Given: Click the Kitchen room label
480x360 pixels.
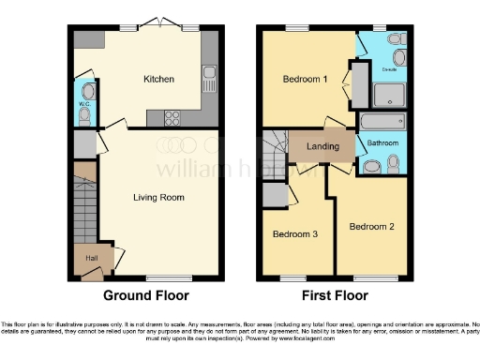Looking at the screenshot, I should tap(157, 80).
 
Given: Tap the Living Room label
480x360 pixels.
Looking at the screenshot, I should tap(157, 198).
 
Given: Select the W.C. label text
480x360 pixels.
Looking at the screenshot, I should tap(82, 103).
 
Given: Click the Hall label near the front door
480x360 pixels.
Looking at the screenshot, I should tap(92, 257).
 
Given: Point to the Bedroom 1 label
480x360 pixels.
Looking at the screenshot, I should tap(305, 80).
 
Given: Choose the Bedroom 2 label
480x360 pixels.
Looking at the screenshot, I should tap(372, 227).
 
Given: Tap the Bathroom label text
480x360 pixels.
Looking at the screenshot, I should tap(382, 143).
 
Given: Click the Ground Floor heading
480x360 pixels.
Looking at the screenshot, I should tap(145, 295).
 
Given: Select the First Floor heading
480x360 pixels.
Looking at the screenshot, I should tap(334, 295).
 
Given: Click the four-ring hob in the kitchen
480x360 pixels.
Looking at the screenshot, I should tap(173, 117).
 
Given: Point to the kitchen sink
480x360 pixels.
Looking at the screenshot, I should tap(208, 79).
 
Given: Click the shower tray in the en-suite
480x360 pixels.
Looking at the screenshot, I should tap(389, 91).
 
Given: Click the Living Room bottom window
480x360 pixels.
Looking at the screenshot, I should tap(161, 277).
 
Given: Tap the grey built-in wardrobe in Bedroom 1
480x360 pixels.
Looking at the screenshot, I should tap(358, 84).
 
